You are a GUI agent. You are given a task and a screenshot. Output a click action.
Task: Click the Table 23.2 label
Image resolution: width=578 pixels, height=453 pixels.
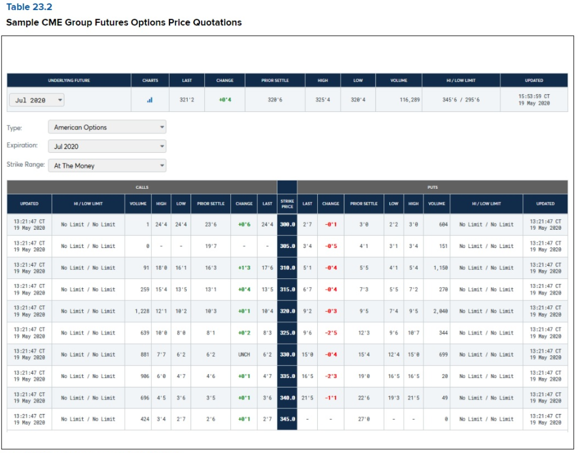click(x=29, y=7)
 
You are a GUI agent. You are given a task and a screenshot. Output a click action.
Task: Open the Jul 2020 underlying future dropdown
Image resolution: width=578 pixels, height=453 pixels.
click(x=36, y=100)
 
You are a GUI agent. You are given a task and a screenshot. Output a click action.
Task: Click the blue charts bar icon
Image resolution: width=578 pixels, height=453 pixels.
click(x=150, y=100)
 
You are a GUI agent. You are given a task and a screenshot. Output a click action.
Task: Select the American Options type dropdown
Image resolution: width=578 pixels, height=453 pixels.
click(x=107, y=128)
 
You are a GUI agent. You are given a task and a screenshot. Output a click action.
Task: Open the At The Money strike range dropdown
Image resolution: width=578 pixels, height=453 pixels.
click(x=107, y=166)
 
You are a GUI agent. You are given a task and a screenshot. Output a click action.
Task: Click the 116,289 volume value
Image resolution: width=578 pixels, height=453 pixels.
click(x=409, y=100)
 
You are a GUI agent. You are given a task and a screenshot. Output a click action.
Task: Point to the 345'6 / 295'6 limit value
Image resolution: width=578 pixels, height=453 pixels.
click(x=461, y=100)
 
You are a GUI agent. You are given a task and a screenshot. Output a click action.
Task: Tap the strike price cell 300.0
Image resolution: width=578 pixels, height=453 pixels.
click(x=287, y=224)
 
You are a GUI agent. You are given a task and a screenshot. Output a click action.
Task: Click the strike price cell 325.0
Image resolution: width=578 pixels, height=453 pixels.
click(x=287, y=333)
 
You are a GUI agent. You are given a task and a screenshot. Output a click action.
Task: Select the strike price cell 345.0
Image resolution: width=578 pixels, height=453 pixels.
click(x=287, y=419)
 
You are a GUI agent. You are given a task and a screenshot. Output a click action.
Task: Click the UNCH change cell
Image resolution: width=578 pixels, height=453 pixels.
click(x=244, y=355)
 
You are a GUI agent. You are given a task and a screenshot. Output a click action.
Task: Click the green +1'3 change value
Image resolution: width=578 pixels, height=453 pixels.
click(x=244, y=268)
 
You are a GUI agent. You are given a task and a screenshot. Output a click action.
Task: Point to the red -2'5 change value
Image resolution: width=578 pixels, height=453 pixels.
click(x=331, y=333)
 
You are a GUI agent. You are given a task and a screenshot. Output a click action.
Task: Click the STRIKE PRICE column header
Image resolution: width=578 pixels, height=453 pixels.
click(x=287, y=203)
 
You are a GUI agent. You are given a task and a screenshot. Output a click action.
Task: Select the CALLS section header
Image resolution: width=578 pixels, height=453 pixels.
click(x=142, y=187)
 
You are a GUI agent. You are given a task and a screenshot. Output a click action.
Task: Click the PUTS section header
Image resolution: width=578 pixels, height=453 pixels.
click(x=432, y=187)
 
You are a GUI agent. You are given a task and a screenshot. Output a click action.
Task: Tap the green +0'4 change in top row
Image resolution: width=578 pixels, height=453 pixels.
click(x=225, y=100)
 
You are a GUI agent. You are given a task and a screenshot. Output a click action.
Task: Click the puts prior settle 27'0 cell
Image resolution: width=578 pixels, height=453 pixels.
click(x=363, y=419)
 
